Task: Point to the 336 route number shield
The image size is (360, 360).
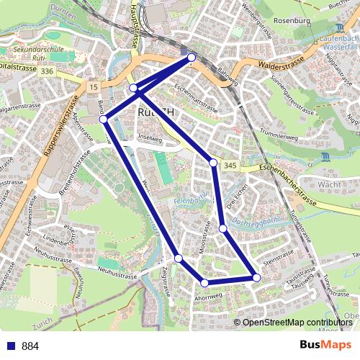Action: [48, 71]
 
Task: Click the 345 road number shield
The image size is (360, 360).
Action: [230, 166]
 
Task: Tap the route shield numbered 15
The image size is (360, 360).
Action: [93, 86]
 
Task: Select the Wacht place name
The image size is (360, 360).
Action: [328, 184]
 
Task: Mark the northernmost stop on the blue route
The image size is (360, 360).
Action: [192, 57]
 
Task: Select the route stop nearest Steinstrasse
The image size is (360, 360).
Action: [256, 277]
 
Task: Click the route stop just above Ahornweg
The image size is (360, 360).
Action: [205, 283]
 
